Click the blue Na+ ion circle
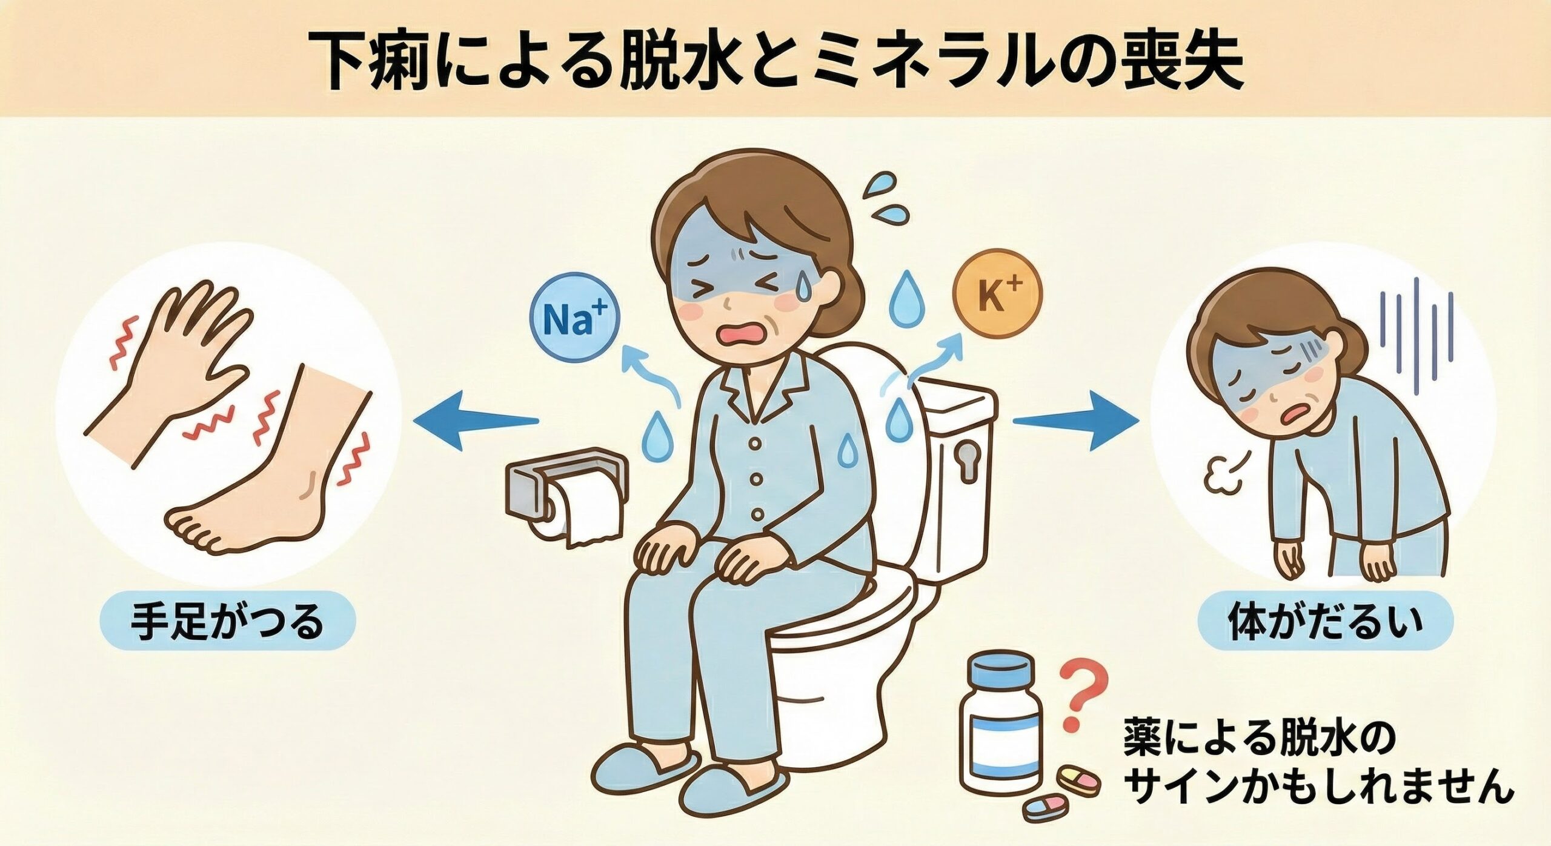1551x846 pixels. pyautogui.click(x=575, y=321)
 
